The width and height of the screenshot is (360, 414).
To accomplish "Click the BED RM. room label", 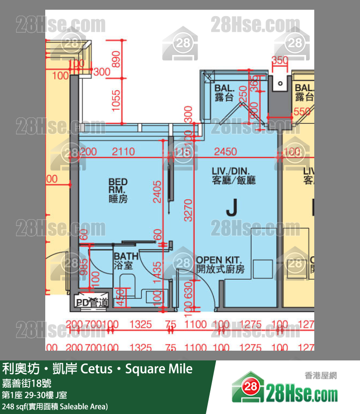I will coord(118,190).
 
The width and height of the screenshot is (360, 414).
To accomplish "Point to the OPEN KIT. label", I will coord(220,264).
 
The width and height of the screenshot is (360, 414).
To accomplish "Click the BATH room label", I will coord(126,261).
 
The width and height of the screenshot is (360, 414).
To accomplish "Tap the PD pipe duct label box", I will coord(91,302).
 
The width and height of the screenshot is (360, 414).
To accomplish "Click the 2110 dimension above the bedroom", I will coord(123,152).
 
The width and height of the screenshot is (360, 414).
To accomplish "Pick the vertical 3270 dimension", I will coord(188,210).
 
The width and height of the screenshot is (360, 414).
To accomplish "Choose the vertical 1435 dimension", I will coord(157,276).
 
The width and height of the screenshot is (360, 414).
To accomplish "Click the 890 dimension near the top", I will coord(116,59).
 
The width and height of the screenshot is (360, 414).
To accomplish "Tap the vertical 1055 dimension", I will coord(116,100).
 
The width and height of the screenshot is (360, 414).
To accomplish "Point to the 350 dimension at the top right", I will coord(280,61).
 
